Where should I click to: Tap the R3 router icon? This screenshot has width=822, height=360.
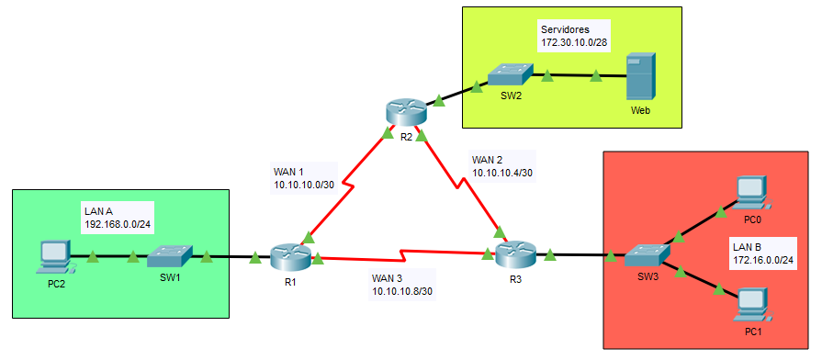(516, 253)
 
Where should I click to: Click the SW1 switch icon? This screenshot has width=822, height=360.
(169, 255)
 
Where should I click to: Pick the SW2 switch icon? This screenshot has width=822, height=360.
(510, 74)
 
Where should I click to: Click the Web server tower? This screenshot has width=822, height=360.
(641, 76)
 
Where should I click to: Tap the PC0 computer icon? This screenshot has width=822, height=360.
(752, 192)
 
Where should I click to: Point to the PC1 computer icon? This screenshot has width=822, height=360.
(753, 306)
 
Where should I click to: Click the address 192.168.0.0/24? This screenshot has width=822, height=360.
(118, 225)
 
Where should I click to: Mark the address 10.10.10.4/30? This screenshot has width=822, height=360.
(502, 172)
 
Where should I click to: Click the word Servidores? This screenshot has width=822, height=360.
(561, 28)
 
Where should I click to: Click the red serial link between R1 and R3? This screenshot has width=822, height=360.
(402, 255)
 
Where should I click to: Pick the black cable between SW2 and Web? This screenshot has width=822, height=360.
(580, 75)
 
